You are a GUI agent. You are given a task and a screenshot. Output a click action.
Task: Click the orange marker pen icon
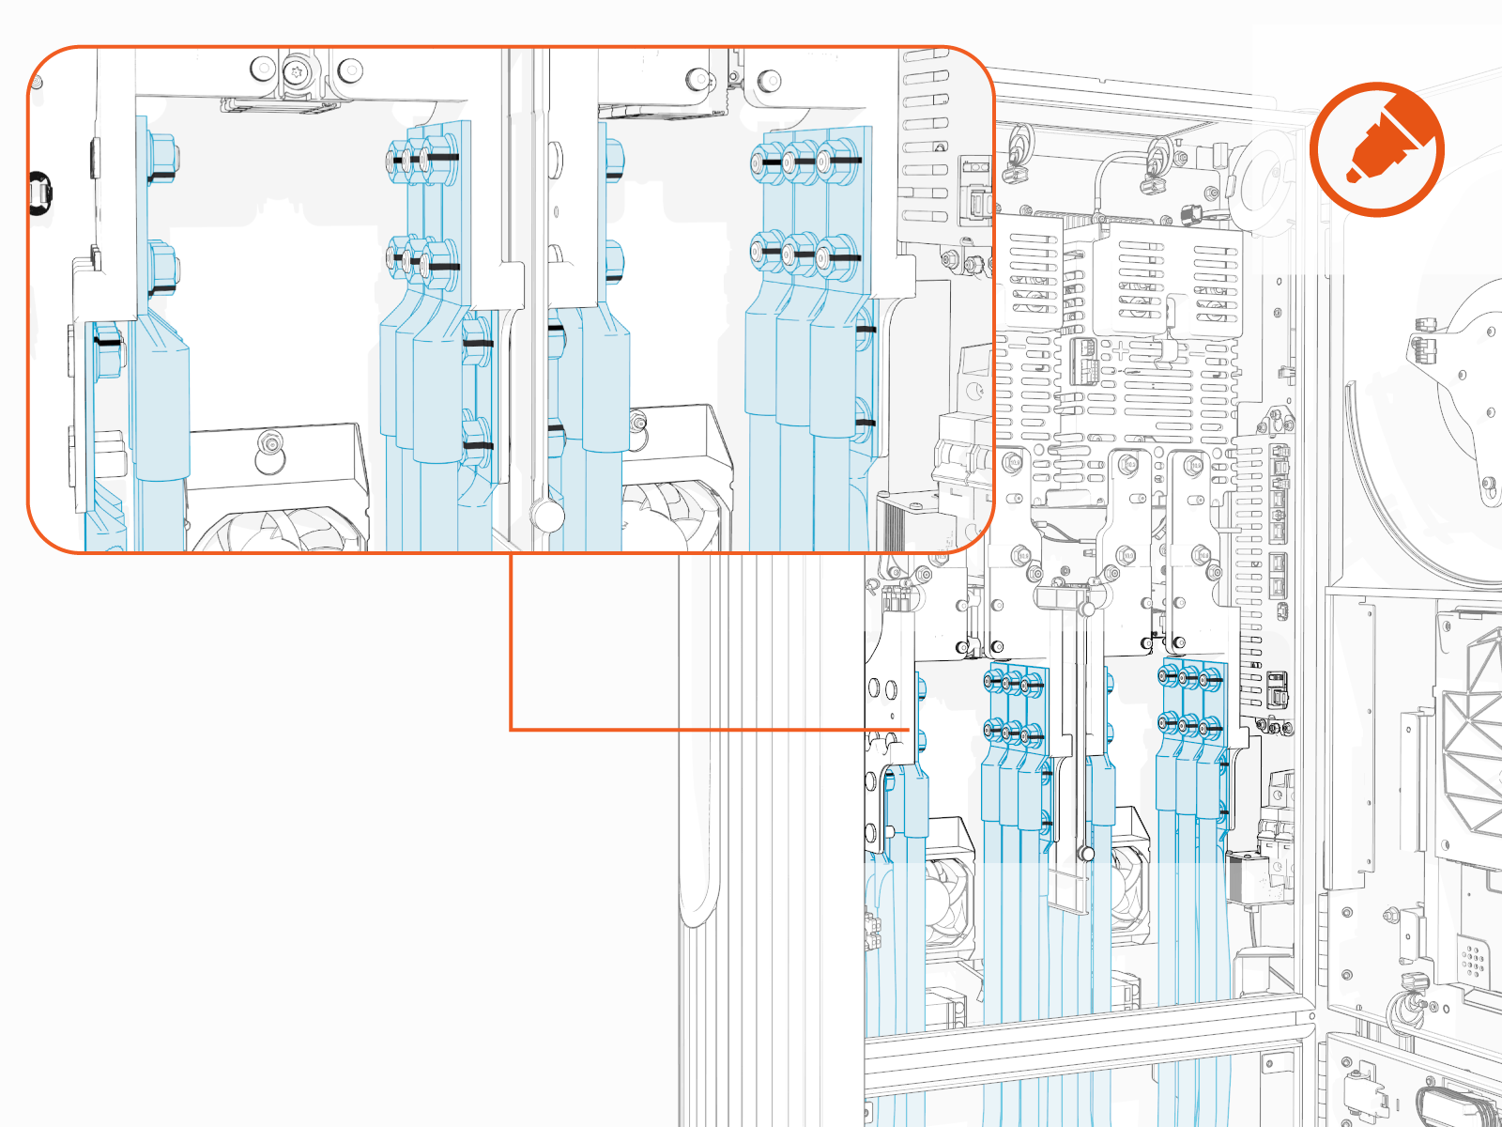pyautogui.click(x=1377, y=149)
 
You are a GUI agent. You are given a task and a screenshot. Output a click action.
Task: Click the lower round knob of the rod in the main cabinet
pyautogui.click(x=1086, y=854)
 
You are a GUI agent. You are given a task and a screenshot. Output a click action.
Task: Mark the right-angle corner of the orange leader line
pyautogui.click(x=511, y=729)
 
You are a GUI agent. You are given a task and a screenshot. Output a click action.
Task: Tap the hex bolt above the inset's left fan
pyautogui.click(x=271, y=441)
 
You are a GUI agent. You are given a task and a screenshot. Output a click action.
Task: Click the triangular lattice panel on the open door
pyautogui.click(x=1474, y=733)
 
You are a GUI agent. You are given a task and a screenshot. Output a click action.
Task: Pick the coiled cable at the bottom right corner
pyautogui.click(x=1450, y=1108)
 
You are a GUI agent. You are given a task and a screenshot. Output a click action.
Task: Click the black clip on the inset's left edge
pyautogui.click(x=39, y=193)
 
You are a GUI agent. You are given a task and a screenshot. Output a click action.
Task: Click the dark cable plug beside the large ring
pyautogui.click(x=1192, y=214)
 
